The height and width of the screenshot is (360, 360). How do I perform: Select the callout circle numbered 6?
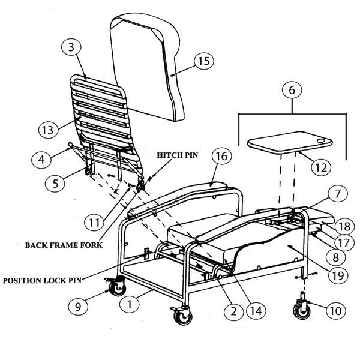pos(291,91)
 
